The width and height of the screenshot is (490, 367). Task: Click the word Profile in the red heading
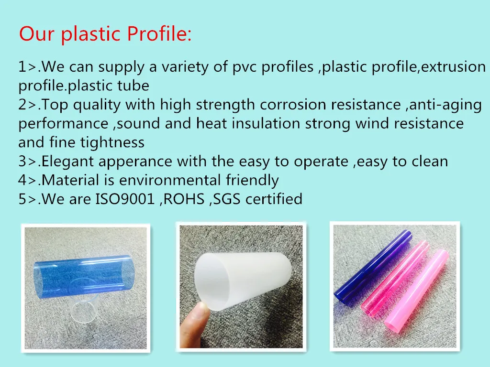click(x=159, y=34)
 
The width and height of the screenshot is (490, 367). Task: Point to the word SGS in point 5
click(x=227, y=199)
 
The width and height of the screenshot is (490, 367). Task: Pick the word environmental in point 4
click(x=170, y=180)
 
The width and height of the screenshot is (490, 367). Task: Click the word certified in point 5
click(x=274, y=199)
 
